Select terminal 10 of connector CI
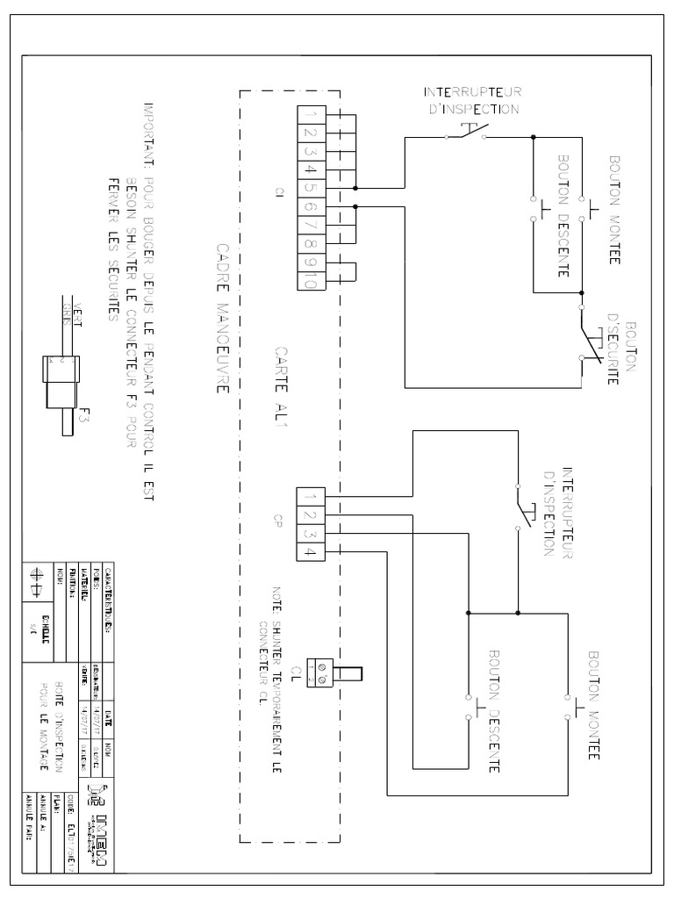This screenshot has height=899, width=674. pos(312,281)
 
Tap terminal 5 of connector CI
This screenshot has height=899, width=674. pos(312,188)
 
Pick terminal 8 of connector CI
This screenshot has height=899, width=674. pos(312,243)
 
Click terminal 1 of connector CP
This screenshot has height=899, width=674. pos(311,497)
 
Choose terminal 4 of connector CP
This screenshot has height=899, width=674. pos(311,551)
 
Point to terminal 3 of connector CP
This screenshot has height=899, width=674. pos(311,533)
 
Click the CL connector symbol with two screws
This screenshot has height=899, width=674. pos(321,674)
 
